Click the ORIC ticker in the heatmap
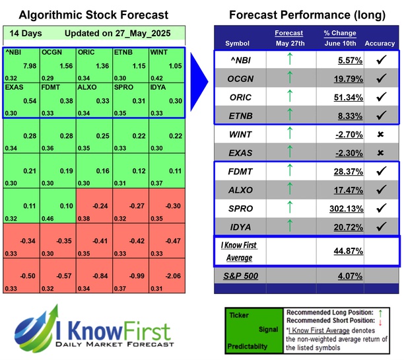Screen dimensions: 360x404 [86, 52]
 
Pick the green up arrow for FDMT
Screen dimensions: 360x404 [289, 171]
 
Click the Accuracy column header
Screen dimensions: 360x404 [379, 44]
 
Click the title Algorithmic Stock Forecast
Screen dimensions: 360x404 [93, 15]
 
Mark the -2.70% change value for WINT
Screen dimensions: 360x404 [339, 135]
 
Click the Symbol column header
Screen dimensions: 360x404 [238, 44]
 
